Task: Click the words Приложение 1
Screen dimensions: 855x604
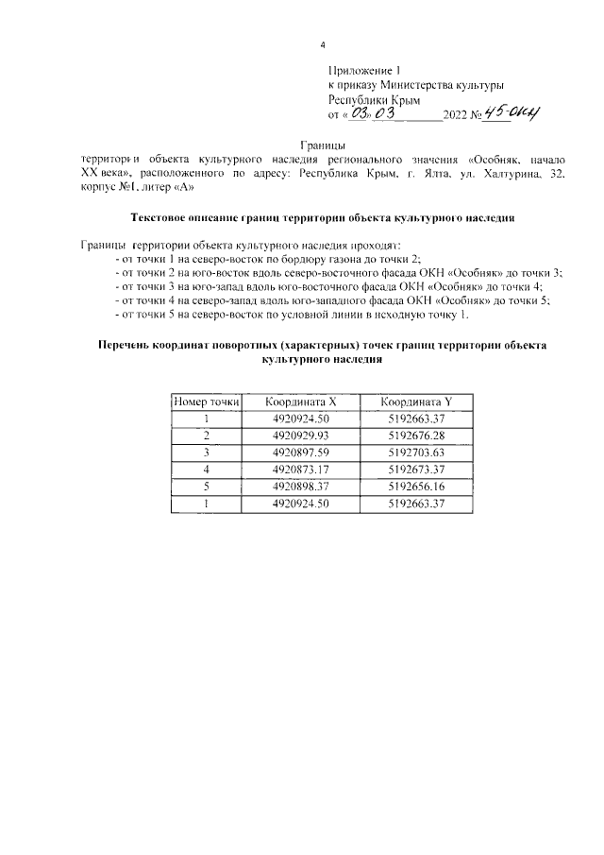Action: [x=364, y=70]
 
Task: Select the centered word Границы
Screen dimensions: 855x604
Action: [x=322, y=145]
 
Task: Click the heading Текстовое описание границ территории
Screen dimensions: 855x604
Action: [x=322, y=216]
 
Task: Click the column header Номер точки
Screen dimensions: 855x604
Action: [x=206, y=402]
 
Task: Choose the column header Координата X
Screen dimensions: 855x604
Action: [x=300, y=402]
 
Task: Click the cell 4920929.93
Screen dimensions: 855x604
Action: [x=300, y=435]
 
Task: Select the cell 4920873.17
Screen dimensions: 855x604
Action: [x=300, y=469]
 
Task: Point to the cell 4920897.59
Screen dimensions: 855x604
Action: [x=300, y=452]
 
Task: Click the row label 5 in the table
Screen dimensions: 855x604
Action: [x=206, y=486]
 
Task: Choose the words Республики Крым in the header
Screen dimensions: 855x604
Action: [x=374, y=99]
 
